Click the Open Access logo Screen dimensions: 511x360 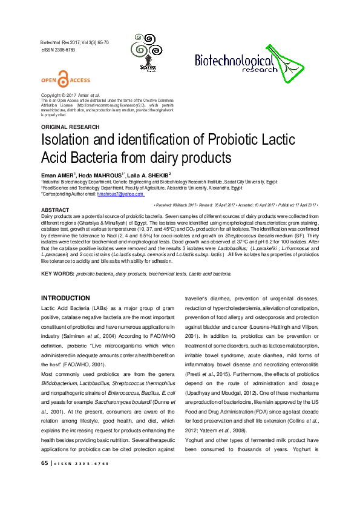click(65, 80)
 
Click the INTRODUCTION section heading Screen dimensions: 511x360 click(65, 298)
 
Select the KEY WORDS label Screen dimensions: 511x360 click(56, 274)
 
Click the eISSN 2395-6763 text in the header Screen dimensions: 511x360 click(59, 50)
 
